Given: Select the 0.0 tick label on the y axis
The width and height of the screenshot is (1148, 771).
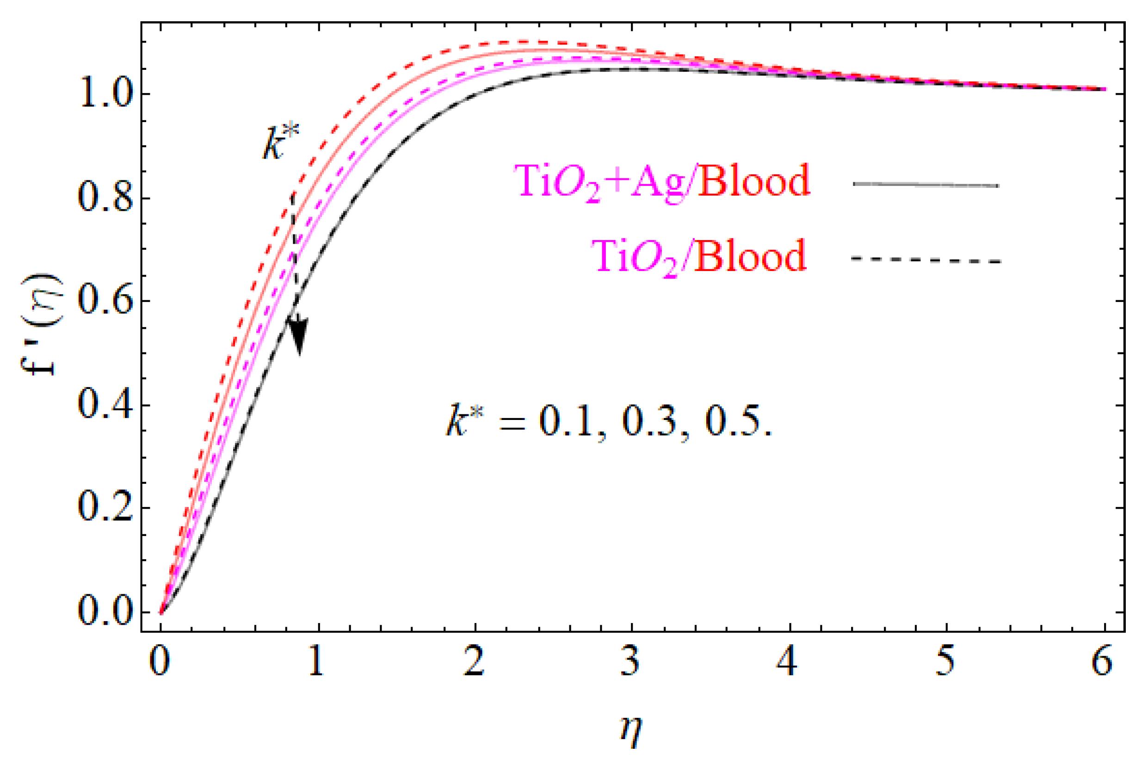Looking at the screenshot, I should point(105,612).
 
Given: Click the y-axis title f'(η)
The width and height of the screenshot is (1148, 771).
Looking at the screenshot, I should point(42,325).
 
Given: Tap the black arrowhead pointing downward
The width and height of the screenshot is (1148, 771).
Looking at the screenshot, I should point(298,334).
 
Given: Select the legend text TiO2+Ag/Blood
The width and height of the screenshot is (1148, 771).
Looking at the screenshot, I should point(661,181).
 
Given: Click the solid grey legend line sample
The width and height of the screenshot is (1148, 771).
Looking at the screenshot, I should point(926,185).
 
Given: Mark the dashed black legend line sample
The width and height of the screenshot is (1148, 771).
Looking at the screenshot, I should point(926,259).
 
